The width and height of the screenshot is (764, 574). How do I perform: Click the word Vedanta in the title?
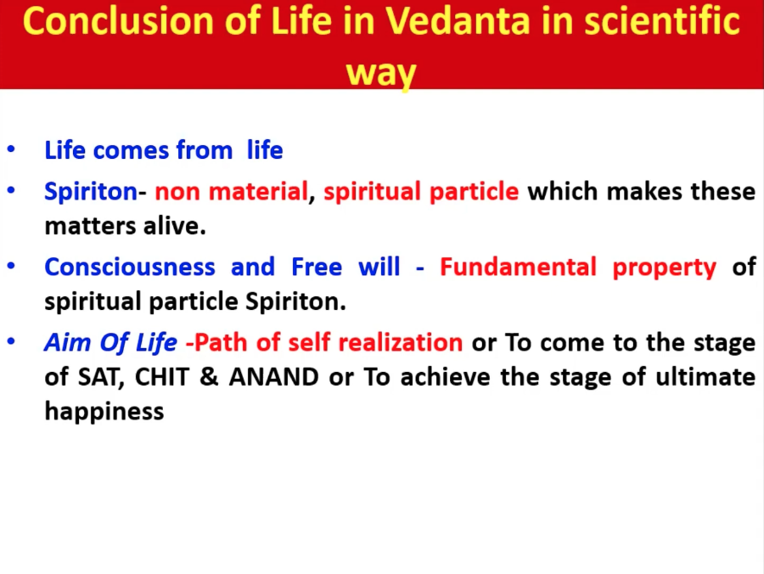457,21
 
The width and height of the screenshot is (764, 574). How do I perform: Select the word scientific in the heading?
662,21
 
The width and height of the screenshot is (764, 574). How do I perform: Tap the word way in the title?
380,73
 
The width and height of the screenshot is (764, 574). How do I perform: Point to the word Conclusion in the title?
118,21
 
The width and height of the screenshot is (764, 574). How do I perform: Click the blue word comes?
131,150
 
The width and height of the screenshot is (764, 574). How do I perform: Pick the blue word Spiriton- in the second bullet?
95,192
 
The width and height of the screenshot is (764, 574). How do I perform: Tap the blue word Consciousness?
130,267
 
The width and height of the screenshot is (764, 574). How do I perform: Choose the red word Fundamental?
518,267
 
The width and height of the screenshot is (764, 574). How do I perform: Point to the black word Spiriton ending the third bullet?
295,302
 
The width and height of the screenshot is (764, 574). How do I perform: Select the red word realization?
400,342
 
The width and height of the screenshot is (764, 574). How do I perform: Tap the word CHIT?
162,377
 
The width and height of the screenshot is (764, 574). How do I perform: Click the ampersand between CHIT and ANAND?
209,377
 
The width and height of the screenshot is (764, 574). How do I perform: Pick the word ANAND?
274,377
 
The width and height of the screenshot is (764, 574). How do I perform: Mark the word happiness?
104,412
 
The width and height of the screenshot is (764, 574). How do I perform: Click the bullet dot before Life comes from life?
11,149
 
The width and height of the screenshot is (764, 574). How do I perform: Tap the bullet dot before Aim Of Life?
11,341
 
